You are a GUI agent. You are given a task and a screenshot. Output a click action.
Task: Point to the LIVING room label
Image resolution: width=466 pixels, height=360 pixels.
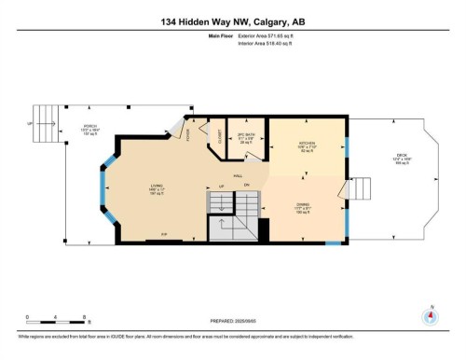[x=157, y=189]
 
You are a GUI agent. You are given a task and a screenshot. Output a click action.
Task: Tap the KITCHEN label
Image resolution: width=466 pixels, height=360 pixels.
[x=308, y=143]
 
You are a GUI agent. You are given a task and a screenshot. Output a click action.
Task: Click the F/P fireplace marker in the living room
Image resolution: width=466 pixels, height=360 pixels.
[x=164, y=233]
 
